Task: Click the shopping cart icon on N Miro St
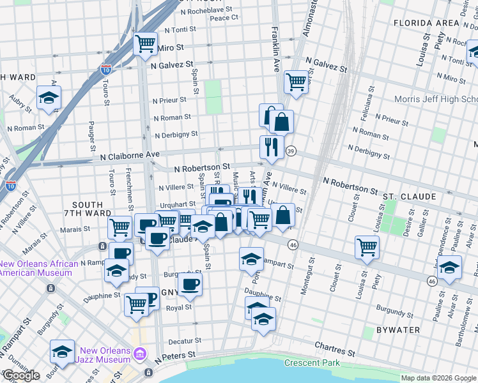tap(145, 44)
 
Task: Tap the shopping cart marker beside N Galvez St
tap(296, 82)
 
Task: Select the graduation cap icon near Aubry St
tap(49, 98)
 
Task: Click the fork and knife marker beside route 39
tap(272, 147)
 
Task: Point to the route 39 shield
tap(291, 151)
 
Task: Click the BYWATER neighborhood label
tap(398, 330)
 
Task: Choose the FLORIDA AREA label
tap(426, 23)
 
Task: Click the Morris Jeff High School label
tap(435, 100)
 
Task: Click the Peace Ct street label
tap(224, 18)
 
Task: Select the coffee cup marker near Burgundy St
tap(189, 284)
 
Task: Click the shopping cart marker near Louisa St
tap(367, 247)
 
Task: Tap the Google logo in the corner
tap(21, 375)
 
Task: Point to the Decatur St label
tap(185, 341)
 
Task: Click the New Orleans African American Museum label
tap(38, 268)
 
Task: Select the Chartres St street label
tap(335, 352)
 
